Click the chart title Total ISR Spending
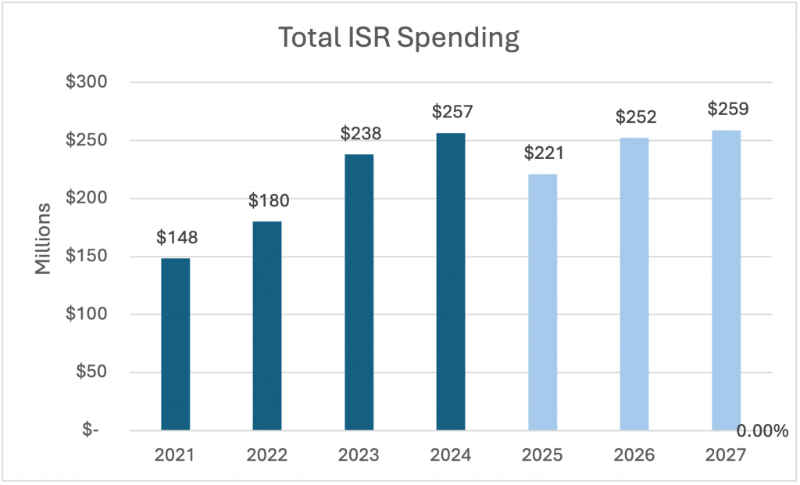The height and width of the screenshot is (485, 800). tap(399, 37)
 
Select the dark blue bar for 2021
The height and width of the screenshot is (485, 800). tap(175, 344)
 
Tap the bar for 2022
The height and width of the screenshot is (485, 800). tap(267, 325)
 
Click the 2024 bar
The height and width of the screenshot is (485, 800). tap(451, 282)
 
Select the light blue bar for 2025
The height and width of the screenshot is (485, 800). tap(543, 302)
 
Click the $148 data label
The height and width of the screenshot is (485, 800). tap(177, 238)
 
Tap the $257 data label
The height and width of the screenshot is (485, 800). tap(452, 113)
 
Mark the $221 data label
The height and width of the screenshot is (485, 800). tap(544, 153)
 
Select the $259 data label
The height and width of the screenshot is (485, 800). tap(727, 109)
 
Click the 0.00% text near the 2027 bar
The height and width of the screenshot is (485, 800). tap(762, 432)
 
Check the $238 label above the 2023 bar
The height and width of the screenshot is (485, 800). tap(360, 134)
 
